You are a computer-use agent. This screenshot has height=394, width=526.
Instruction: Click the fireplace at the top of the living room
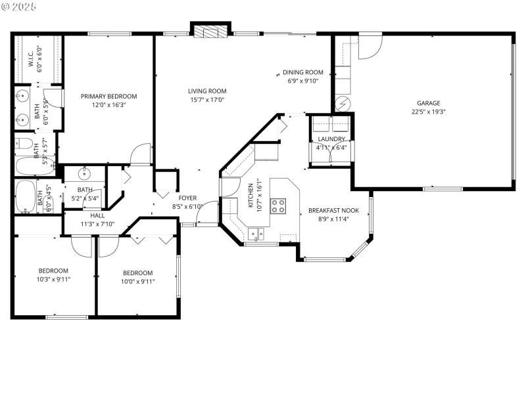pos(210,31)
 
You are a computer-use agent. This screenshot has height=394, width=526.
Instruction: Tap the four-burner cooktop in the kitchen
pos(278,206)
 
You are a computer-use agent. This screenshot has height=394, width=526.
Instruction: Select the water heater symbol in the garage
pos(342,103)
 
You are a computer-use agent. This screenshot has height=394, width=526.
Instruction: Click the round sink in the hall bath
pos(84,175)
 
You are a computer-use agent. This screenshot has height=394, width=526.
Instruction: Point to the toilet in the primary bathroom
pos(24,144)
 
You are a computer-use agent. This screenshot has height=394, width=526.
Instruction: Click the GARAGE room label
pos(428,103)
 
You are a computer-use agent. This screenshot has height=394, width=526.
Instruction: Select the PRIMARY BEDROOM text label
pos(108,96)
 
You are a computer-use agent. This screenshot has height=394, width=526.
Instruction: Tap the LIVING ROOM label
pos(207,91)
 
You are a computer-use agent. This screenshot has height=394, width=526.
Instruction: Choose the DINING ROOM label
pos(303,72)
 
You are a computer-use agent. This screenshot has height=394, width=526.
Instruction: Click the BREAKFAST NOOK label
pos(333,211)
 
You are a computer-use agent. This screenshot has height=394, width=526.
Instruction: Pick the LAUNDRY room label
pos(331,139)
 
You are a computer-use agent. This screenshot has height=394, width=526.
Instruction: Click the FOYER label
pos(187,198)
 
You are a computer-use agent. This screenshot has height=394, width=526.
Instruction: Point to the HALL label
pos(97,215)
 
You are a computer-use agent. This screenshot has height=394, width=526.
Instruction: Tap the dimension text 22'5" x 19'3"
pos(428,112)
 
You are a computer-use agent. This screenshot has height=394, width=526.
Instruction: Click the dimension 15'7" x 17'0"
pos(207,100)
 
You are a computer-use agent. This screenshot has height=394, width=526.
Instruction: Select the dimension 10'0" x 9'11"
pos(137,282)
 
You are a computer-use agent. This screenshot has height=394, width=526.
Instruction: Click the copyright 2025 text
pos(20,6)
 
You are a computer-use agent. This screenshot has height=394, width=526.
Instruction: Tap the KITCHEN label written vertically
pos(251,195)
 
